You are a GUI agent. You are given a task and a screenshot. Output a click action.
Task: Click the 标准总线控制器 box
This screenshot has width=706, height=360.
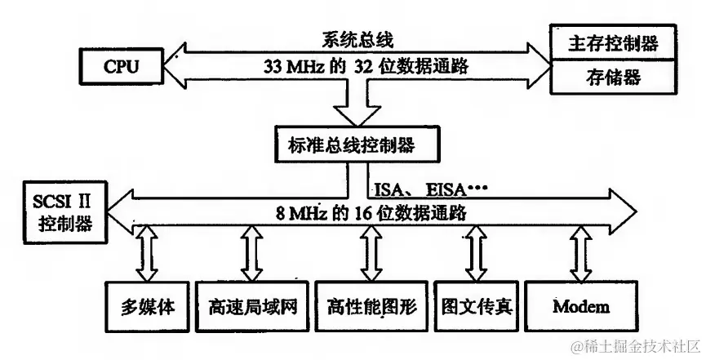352,145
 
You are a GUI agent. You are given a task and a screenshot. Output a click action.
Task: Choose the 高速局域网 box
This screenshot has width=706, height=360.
251,307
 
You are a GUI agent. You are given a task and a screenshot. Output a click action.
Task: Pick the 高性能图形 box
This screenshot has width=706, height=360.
371,307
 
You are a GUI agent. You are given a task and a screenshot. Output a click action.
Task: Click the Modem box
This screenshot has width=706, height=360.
580,307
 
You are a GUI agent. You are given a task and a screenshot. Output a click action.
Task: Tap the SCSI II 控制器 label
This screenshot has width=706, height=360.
64,210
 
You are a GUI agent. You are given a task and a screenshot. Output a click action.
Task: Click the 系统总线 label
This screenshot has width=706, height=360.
352,38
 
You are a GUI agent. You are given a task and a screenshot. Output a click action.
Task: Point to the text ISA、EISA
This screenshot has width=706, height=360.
424,190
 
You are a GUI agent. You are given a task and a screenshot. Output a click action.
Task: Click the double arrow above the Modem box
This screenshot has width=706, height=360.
580,254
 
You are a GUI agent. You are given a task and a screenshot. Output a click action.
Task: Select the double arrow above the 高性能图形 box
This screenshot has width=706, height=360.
371,254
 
